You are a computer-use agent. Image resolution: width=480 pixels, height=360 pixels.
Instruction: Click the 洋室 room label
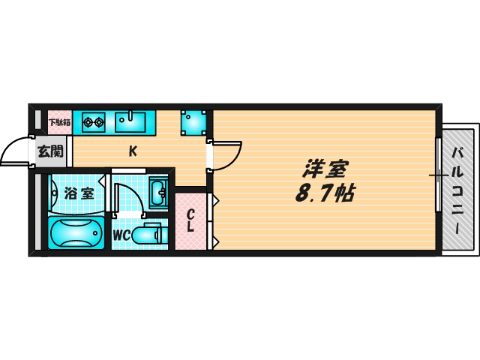pyautogui.click(x=325, y=169)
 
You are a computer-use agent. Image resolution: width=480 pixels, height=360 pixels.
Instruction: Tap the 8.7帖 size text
pyautogui.click(x=325, y=193)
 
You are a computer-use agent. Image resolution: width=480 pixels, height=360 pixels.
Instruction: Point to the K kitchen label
pyautogui.click(x=133, y=151)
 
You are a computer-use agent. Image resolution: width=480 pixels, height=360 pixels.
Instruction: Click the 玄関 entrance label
pyautogui.click(x=50, y=151)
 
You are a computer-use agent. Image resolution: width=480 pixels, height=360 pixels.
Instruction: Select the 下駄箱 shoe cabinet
pyautogui.click(x=60, y=122)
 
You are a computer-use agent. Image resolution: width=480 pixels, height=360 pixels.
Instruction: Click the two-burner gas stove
pyautogui.click(x=94, y=122)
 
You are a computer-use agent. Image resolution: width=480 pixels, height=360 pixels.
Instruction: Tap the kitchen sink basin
pyautogui.click(x=130, y=122)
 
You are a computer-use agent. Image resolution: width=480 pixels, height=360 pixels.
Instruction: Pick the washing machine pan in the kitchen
pyautogui.click(x=193, y=123)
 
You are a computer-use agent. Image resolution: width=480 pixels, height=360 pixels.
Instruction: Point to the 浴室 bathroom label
pyautogui.click(x=79, y=193)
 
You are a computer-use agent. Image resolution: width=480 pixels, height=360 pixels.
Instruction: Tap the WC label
pyautogui.click(x=121, y=235)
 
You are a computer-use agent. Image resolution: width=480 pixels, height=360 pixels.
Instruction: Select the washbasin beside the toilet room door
pyautogui.click(x=158, y=193)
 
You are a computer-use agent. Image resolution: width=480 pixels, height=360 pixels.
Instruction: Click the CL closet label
pyautogui.click(x=190, y=220)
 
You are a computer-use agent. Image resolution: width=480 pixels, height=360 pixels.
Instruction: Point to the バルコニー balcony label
pyautogui.click(x=457, y=190)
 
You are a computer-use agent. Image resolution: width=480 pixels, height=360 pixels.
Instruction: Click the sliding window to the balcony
pyautogui.click(x=439, y=175)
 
